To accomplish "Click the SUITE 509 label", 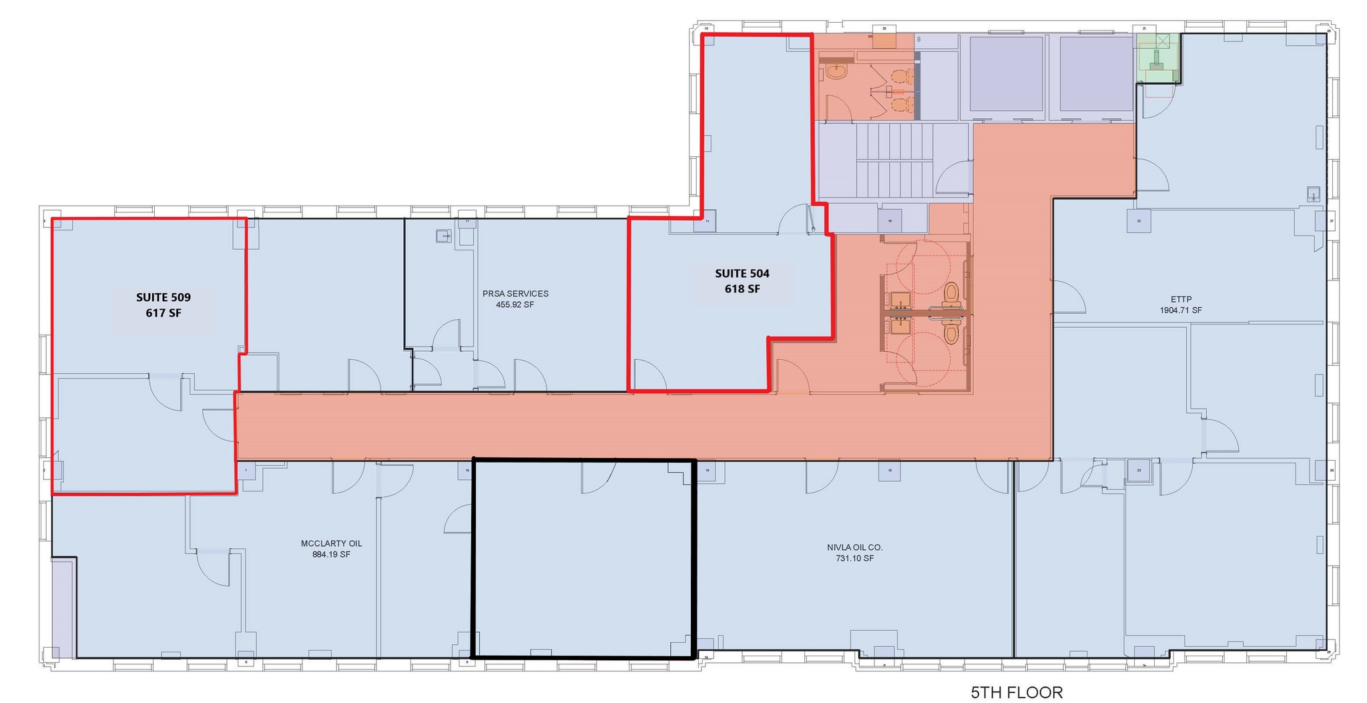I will [164, 298].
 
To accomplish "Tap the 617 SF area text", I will [164, 312].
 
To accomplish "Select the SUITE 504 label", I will [742, 274].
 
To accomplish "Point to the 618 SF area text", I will [742, 289].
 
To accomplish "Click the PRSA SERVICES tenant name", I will [515, 294].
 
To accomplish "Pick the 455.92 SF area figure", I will [515, 305].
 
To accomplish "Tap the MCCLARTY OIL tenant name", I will [331, 543].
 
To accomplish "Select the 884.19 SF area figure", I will [331, 555].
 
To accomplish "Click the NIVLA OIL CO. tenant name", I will [854, 547].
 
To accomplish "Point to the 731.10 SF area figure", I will [854, 559].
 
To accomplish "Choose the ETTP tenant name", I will [1181, 300].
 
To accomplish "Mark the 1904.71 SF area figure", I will [1181, 310].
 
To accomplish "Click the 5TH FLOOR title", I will [1017, 692].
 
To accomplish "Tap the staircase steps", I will [894, 160].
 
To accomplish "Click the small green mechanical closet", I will [1158, 59].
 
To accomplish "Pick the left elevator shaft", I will [1006, 73].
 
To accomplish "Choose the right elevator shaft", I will [1096, 73].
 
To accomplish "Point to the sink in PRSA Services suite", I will [443, 236].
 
